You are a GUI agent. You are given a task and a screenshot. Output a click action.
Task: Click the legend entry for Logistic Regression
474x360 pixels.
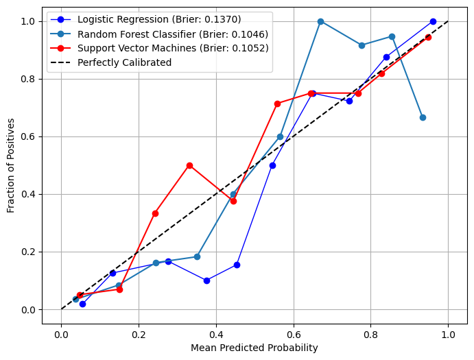(x=158, y=20)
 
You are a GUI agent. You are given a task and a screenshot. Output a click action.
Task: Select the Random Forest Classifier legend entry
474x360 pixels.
(x=172, y=34)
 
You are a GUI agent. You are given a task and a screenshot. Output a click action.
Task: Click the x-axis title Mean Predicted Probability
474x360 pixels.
(x=254, y=348)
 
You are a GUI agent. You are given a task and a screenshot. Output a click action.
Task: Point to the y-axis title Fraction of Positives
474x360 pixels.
(x=11, y=165)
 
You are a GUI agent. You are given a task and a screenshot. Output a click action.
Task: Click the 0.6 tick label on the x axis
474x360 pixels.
(x=294, y=335)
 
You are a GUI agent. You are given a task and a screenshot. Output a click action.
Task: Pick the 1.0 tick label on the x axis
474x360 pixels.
(x=448, y=335)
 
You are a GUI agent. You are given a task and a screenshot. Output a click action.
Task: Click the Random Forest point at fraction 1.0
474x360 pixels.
(x=320, y=21)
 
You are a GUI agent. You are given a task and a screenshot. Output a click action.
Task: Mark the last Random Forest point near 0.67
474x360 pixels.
(x=423, y=117)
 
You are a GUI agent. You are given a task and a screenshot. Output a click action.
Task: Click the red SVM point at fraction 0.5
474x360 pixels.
(x=189, y=165)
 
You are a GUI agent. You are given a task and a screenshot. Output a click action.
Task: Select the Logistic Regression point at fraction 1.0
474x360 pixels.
(x=433, y=21)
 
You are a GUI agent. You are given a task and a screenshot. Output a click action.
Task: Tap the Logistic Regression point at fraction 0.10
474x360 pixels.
(x=206, y=280)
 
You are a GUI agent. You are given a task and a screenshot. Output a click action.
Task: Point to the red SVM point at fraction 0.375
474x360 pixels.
(x=233, y=201)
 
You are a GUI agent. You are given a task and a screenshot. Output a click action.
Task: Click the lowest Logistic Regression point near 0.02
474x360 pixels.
(x=82, y=304)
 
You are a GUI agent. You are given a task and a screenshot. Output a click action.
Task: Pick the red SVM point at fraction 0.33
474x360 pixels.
(x=155, y=213)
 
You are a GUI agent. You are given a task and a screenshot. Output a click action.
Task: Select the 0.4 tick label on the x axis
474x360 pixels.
(x=216, y=335)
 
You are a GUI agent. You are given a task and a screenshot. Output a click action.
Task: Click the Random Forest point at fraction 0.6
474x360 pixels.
(x=280, y=136)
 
